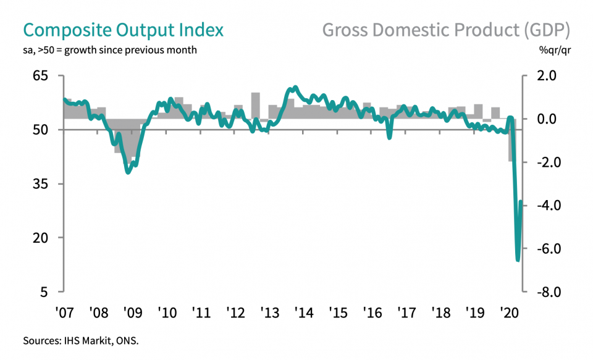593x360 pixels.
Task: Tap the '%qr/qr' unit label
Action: pos(552,50)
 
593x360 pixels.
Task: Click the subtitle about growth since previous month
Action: pos(110,50)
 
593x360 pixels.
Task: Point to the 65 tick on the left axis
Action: pos(48,76)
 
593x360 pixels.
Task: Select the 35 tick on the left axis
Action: pos(48,184)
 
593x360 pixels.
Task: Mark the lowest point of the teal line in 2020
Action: pos(518,260)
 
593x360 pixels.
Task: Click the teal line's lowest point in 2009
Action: pos(128,172)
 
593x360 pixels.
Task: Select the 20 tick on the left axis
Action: pos(48,238)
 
